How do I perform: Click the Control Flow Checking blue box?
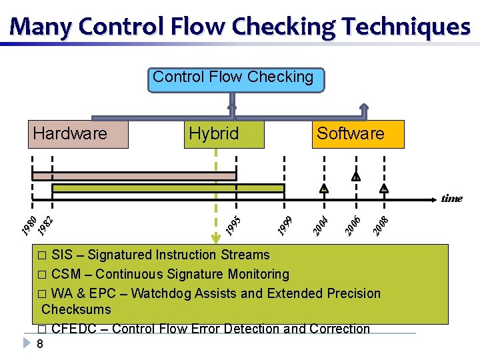[233, 79]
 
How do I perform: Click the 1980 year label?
[27, 226]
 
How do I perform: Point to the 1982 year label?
[45, 225]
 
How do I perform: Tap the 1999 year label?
[285, 225]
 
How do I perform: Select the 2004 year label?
[321, 225]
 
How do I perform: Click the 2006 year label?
[353, 225]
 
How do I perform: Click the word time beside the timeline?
[451, 198]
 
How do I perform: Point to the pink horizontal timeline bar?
[133, 176]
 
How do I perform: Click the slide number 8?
[40, 344]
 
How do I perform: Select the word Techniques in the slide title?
[406, 27]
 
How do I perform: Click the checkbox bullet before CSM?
[43, 275]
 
